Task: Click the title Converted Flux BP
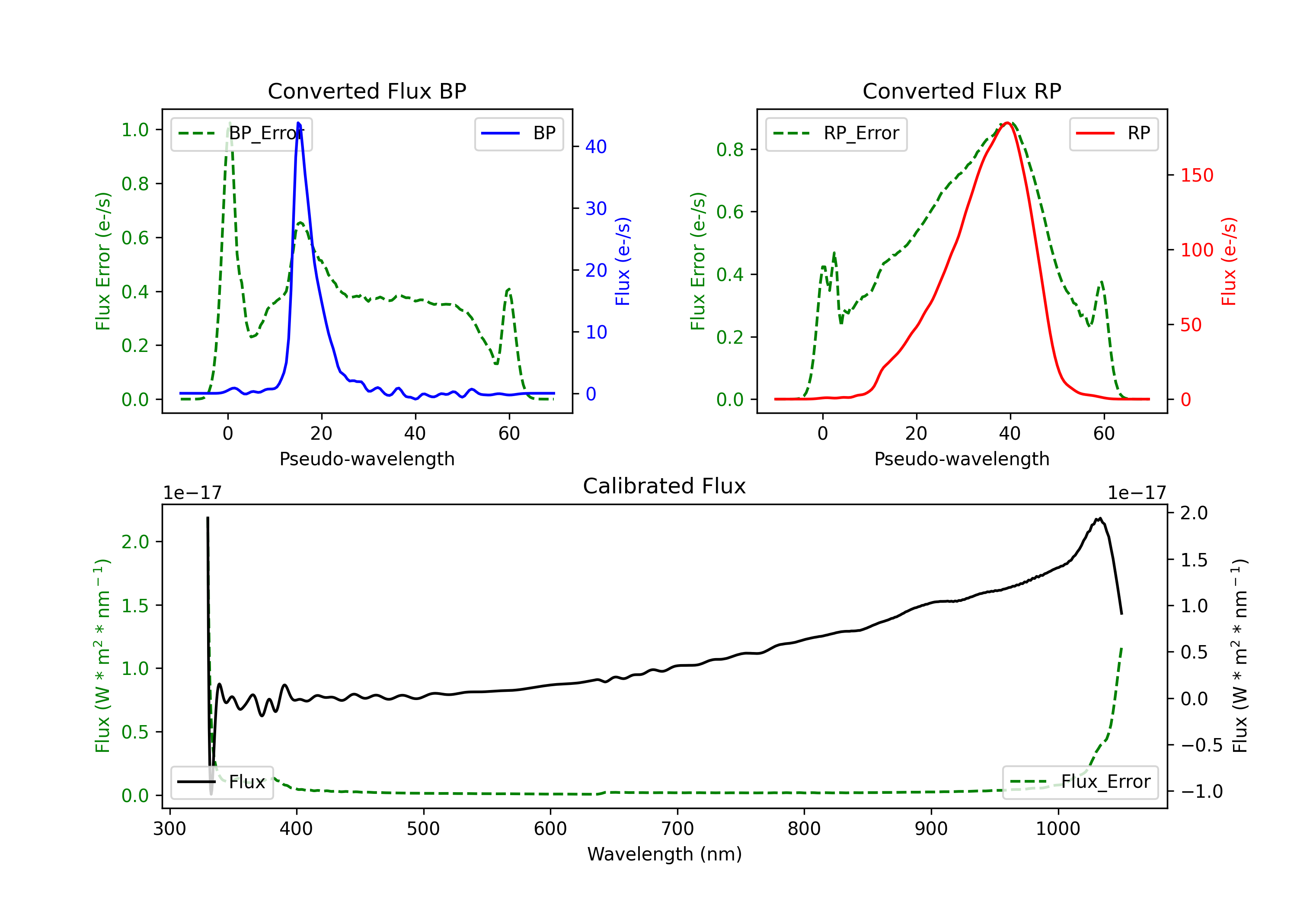367,91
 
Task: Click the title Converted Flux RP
962,91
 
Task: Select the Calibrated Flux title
664,486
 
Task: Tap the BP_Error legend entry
241,133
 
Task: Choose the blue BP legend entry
518,133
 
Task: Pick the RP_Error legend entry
836,133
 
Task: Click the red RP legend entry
1113,133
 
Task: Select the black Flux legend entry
221,782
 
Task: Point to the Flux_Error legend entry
1080,782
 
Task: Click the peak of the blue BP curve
298,123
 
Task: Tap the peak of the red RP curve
1007,123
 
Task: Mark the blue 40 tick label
596,147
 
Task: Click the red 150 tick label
1197,175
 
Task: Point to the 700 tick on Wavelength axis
677,828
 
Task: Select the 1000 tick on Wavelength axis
1058,828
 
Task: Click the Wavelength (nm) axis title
664,854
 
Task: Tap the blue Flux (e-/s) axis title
623,261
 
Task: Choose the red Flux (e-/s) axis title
1229,261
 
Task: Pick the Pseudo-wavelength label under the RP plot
962,459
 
